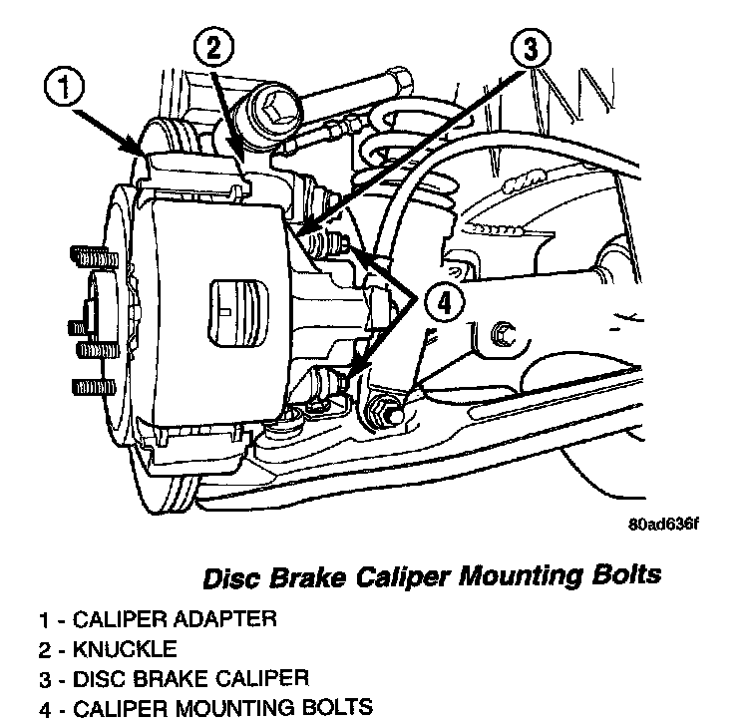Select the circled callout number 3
coord(533,48)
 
